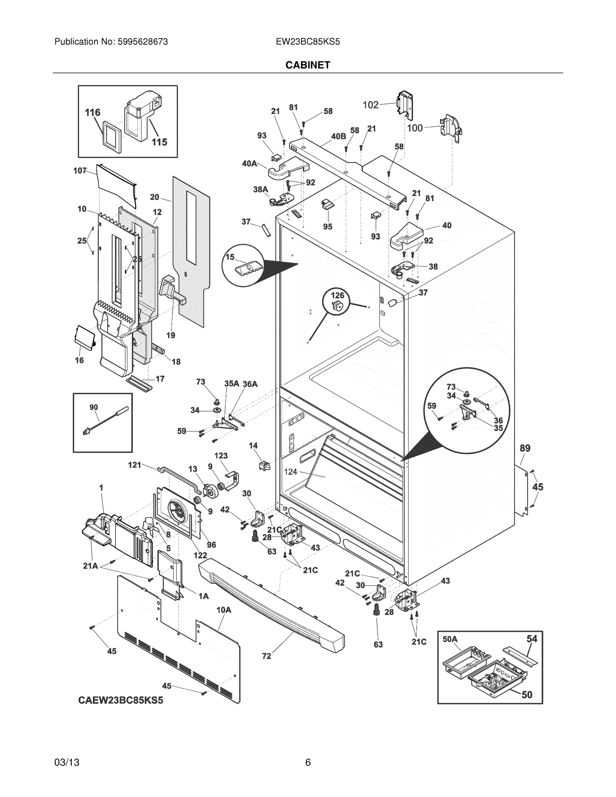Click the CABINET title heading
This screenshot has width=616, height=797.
[x=308, y=65]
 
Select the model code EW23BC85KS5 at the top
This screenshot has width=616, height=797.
[x=308, y=42]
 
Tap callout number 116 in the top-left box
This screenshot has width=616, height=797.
[x=92, y=112]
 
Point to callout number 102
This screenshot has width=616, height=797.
[x=370, y=105]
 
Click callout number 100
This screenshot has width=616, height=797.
[x=414, y=128]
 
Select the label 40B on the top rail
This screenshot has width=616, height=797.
[x=338, y=136]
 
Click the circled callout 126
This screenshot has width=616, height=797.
[x=337, y=295]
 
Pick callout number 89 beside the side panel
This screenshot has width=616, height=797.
[x=524, y=448]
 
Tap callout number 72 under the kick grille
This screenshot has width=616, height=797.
[x=266, y=656]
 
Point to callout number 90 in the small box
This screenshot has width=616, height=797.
[x=93, y=407]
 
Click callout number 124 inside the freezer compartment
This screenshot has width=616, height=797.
[x=291, y=472]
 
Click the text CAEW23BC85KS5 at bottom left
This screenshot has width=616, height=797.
[x=121, y=700]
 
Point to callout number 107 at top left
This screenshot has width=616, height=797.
[x=80, y=170]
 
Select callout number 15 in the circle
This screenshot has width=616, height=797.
[x=230, y=257]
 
